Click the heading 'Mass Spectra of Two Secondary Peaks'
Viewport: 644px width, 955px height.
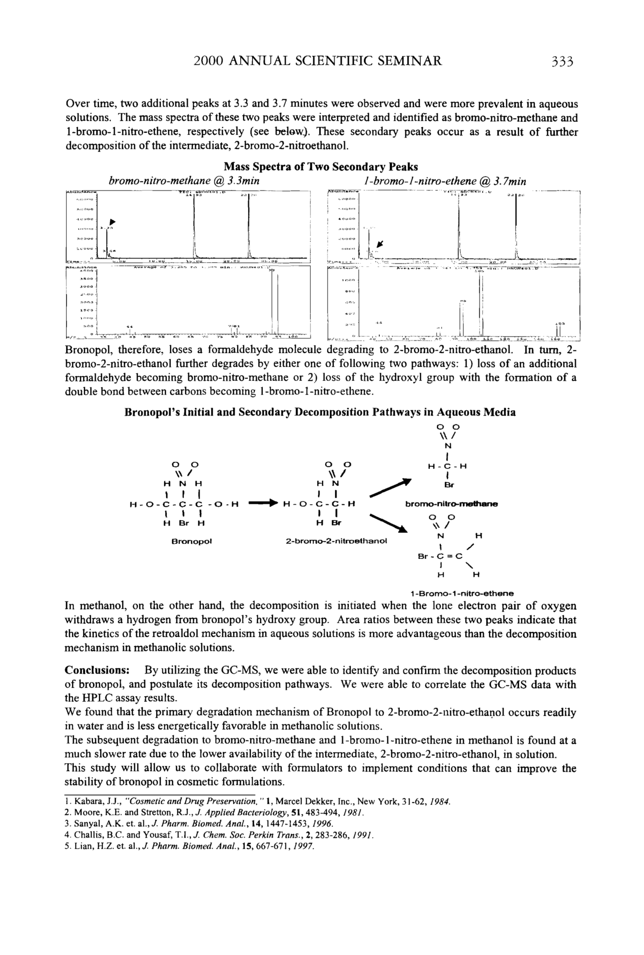point(321,167)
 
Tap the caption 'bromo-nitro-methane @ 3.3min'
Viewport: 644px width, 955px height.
point(184,181)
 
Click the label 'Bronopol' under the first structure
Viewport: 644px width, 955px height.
point(191,541)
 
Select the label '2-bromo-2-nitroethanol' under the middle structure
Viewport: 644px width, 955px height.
point(336,541)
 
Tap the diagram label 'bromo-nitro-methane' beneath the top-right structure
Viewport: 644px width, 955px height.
point(451,504)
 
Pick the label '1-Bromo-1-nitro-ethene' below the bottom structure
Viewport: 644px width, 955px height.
point(462,593)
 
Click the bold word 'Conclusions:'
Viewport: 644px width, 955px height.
point(98,670)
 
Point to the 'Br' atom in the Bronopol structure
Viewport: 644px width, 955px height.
point(183,523)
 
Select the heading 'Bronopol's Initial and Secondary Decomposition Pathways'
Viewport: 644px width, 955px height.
point(320,412)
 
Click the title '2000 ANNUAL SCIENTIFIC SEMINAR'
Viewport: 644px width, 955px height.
point(317,61)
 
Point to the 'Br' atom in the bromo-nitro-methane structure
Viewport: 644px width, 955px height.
point(449,485)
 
